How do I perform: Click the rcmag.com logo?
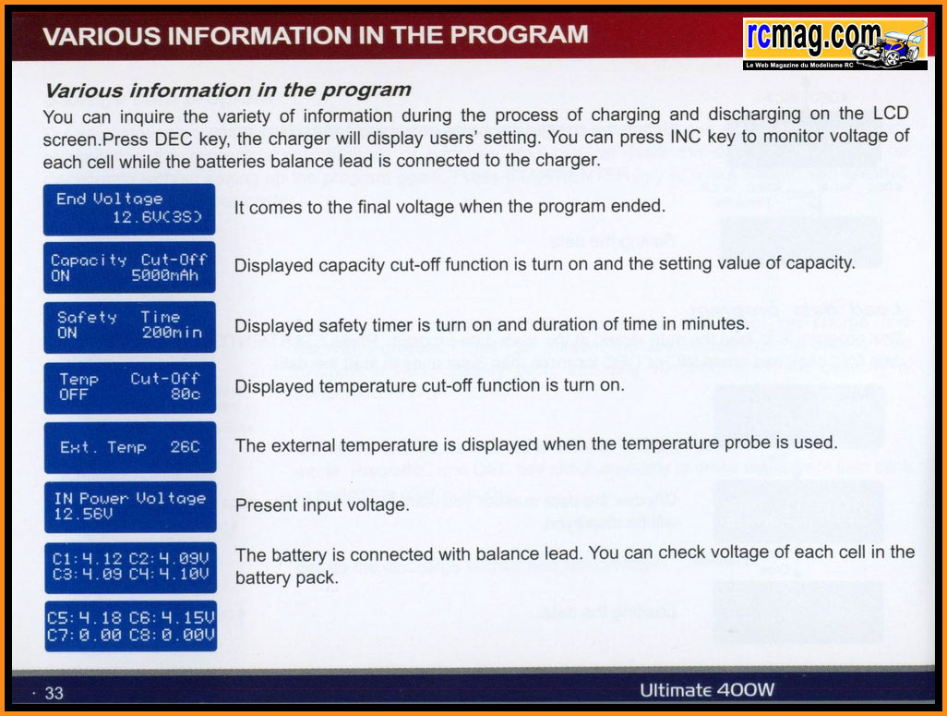point(835,43)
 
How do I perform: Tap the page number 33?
point(54,693)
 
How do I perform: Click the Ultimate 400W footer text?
point(707,690)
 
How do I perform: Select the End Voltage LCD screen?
point(129,209)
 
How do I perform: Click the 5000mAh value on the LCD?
point(165,275)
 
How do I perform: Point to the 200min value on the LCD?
point(172,333)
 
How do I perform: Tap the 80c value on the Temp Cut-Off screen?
point(186,394)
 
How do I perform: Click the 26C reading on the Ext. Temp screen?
point(185,447)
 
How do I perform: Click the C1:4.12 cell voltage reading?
point(87,558)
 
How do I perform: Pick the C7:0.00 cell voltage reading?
point(84,635)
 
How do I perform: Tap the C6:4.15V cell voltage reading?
point(172,618)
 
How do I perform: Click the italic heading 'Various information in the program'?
point(228,91)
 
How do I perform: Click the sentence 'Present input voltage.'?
point(322,505)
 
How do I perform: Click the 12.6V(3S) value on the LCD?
point(157,216)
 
